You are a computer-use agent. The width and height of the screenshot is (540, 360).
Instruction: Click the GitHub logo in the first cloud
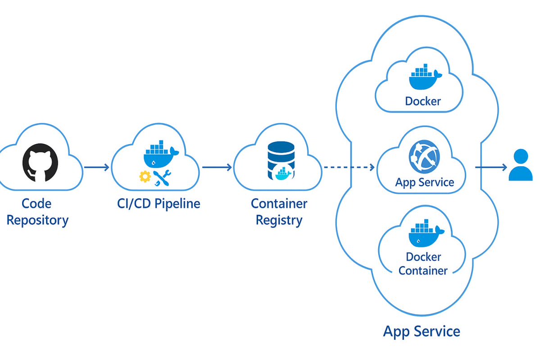coord(40,163)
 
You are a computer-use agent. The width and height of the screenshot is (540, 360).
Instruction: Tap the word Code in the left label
coord(36,204)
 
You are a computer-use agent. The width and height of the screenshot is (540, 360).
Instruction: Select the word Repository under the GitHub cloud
coord(37,220)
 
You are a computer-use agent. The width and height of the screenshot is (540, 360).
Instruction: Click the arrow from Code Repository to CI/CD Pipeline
coord(96,168)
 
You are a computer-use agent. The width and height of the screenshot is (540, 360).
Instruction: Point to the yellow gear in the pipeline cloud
coord(145,177)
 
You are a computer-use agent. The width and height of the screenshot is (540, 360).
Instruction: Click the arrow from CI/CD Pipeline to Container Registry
coord(217,168)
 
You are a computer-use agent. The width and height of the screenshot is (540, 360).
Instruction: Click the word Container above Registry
coord(279,204)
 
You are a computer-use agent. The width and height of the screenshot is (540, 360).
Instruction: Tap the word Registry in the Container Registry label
coord(279,220)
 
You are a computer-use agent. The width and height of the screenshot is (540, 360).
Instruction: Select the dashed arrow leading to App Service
coord(349,168)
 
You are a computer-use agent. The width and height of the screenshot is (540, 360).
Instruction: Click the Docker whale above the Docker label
coord(425,77)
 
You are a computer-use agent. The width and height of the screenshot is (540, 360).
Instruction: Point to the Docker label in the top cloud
coord(423,101)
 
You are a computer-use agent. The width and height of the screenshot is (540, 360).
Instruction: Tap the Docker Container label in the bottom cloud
coord(423,264)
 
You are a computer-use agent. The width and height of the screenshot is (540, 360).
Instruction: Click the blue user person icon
coord(521,166)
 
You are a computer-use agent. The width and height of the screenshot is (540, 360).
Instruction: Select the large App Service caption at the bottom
coord(422,332)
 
